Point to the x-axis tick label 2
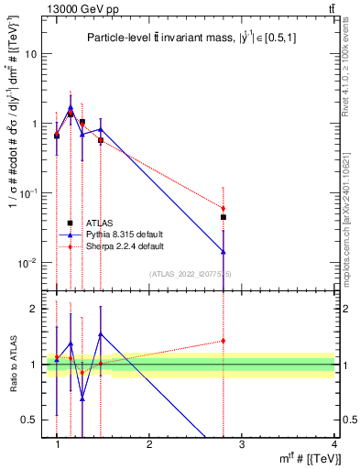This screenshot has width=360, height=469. click(149, 443)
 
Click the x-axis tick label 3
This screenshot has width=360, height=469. click(242, 443)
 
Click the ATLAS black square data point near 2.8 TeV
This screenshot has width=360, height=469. click(224, 217)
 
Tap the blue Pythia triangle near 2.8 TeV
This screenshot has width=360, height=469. click(224, 251)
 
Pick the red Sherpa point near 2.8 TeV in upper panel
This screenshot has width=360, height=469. click(224, 209)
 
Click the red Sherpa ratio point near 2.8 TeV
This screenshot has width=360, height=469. click(224, 341)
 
